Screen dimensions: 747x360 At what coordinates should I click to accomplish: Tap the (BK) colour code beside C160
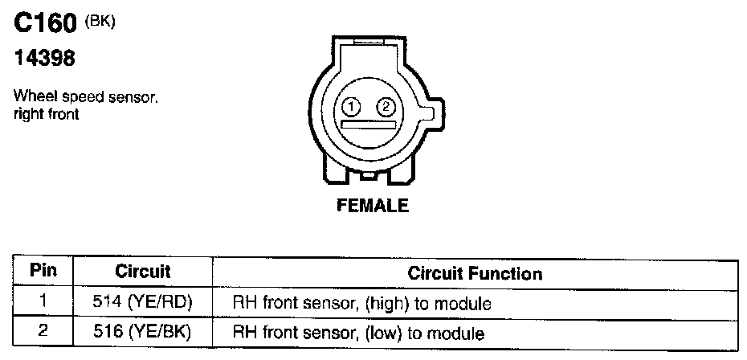click(101, 22)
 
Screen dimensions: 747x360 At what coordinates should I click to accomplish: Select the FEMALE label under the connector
click(372, 206)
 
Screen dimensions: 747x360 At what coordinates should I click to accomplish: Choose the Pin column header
click(43, 271)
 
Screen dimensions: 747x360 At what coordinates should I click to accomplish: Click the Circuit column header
click(142, 272)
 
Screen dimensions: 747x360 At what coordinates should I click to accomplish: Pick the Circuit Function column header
click(475, 272)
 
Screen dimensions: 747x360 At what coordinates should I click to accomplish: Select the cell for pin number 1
click(43, 302)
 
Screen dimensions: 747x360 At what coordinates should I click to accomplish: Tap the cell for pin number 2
click(43, 329)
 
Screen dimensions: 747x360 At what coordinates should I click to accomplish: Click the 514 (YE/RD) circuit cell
click(143, 303)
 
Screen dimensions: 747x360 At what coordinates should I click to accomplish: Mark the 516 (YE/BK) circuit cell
click(143, 330)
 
